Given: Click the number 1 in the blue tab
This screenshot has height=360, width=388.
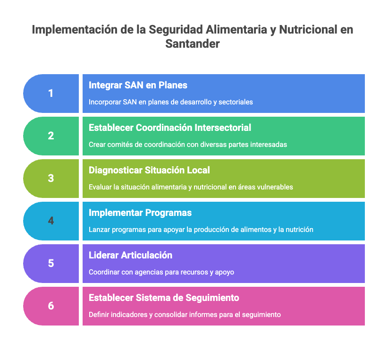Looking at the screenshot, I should [x=51, y=94].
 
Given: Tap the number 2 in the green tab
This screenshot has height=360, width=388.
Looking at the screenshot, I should [x=51, y=136].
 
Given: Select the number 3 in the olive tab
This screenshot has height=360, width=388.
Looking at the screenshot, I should [x=51, y=179].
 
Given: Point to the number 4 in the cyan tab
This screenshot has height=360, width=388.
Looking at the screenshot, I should [x=51, y=221].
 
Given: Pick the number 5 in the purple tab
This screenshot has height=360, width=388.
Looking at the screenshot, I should [x=51, y=263].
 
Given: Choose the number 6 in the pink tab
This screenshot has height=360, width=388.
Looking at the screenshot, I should [x=51, y=306].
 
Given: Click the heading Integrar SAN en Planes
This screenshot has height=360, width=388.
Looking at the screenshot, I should [x=138, y=86].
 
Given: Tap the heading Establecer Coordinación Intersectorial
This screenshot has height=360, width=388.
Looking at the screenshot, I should [x=170, y=128].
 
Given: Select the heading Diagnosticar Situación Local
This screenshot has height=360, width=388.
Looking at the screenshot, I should [x=149, y=170].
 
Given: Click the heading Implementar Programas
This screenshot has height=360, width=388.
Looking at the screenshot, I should [x=140, y=213].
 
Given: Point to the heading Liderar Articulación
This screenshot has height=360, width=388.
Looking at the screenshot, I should [x=130, y=255].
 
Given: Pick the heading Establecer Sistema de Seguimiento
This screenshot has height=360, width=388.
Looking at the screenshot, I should [x=164, y=298].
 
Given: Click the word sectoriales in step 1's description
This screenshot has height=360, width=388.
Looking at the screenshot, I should [x=236, y=102].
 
